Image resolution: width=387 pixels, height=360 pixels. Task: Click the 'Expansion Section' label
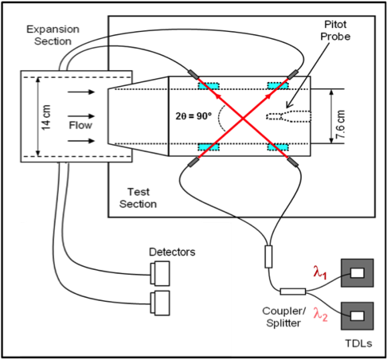coord(53,34)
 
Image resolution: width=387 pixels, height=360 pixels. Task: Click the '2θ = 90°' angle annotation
coord(194,115)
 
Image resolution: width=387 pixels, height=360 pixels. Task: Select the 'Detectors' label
coord(172,252)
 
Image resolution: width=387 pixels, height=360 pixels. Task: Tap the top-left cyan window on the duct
coord(209,84)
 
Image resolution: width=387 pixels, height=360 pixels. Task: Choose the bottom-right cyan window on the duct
coord(279,148)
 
